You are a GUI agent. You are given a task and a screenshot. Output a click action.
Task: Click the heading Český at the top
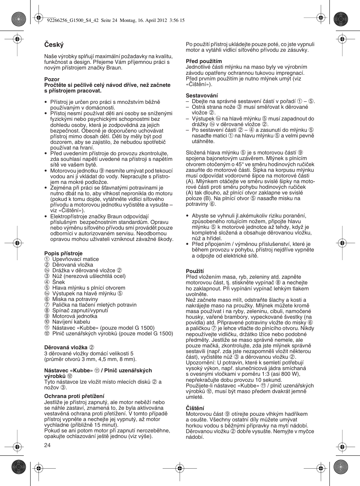coord(54,45)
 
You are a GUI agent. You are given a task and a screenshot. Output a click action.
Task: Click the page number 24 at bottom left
coord(47,445)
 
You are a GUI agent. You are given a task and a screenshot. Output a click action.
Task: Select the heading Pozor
coord(52,79)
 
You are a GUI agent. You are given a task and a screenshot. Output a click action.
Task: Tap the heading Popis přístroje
coord(63,253)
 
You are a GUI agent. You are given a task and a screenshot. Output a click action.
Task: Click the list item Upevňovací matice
coord(75,259)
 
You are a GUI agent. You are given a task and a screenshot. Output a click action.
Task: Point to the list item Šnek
coord(58,282)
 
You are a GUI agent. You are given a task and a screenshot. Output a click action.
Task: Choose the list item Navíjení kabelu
coord(71,322)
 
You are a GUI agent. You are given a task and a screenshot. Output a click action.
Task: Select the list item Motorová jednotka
coord(75,316)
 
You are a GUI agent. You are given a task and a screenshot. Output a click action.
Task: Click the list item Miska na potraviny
coord(75,299)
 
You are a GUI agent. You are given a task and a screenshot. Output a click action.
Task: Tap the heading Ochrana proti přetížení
coord(74,396)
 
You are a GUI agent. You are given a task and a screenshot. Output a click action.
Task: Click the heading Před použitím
coord(204,61)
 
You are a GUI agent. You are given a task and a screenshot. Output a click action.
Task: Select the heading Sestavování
coord(202,96)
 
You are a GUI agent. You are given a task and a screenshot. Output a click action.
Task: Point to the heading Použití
coord(195,271)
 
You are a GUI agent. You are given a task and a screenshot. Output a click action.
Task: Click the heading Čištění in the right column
coord(195,408)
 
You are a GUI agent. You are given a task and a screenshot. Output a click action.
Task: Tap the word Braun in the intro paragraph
coord(115,68)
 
